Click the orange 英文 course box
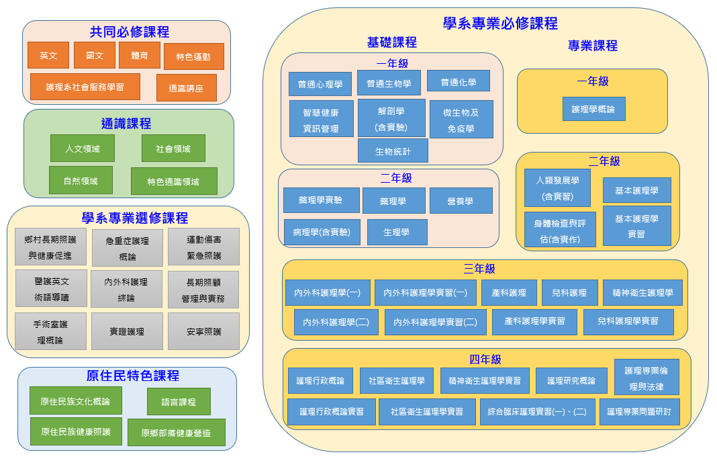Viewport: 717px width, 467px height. click(x=48, y=56)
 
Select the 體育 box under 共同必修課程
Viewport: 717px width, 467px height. click(x=140, y=56)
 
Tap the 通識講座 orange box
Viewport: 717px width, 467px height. click(x=186, y=88)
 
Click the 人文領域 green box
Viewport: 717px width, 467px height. click(x=83, y=148)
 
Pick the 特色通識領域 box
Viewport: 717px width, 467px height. click(x=174, y=181)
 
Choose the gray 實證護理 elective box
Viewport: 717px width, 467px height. click(x=127, y=331)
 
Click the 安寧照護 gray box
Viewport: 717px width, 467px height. click(x=203, y=331)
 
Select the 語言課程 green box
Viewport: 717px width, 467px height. click(x=179, y=402)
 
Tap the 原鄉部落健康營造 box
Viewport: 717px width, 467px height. click(x=176, y=433)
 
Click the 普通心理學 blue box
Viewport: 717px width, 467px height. click(x=320, y=84)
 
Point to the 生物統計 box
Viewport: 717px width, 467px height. click(x=393, y=151)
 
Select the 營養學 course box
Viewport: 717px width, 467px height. click(x=461, y=201)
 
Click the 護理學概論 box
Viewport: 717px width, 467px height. click(x=593, y=109)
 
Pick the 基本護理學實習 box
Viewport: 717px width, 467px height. click(x=636, y=226)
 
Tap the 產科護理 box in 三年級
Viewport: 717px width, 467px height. click(x=509, y=293)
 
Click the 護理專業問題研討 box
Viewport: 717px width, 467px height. click(x=639, y=412)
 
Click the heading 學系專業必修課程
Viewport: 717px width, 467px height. click(x=500, y=24)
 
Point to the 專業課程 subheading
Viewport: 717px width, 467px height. click(x=592, y=46)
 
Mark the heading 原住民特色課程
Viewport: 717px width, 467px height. click(x=133, y=376)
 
